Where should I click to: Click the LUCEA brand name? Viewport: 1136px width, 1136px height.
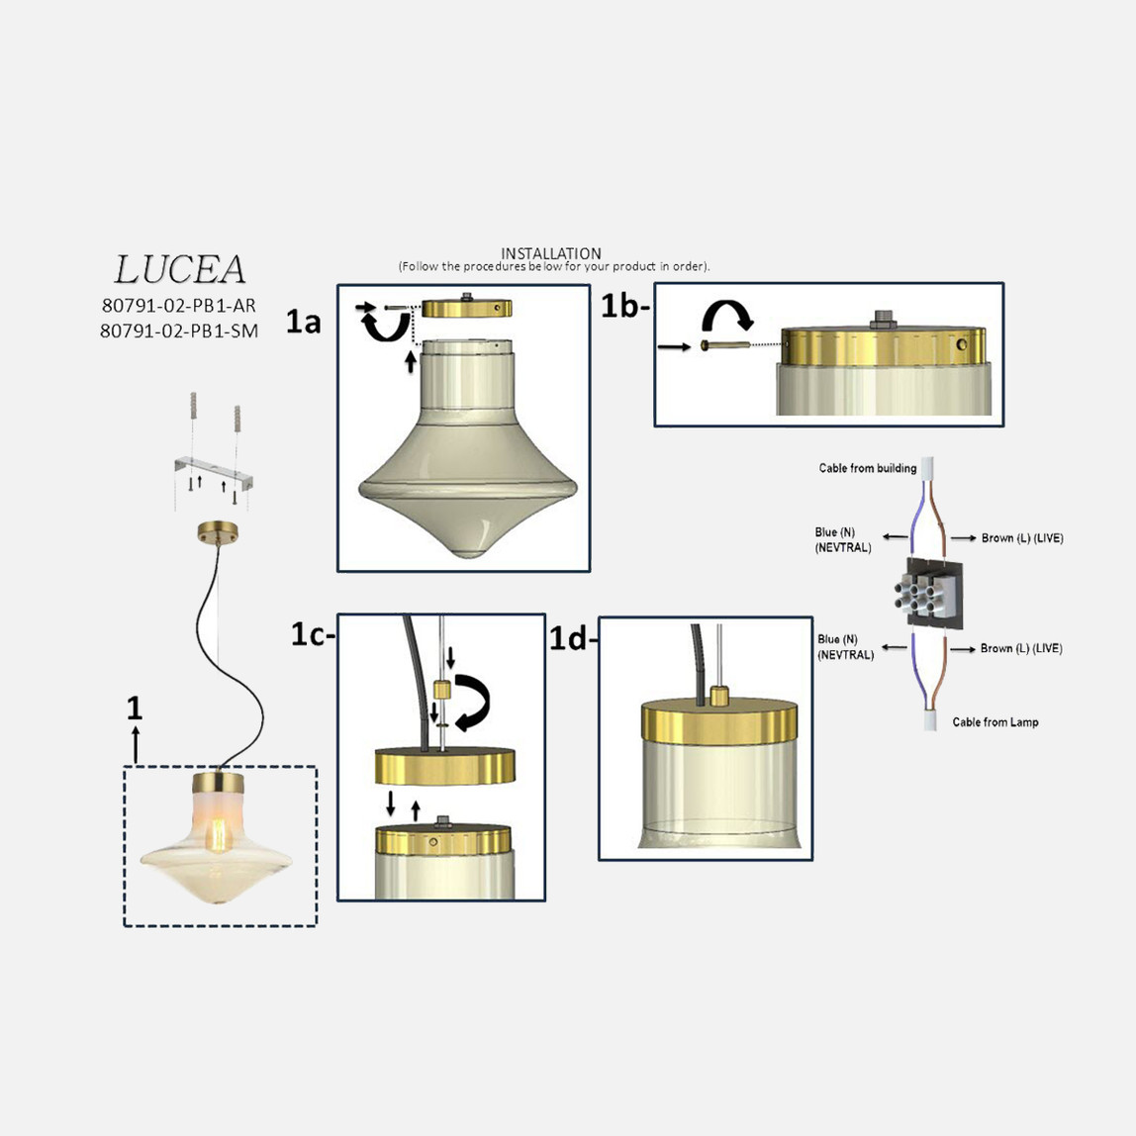coord(180,269)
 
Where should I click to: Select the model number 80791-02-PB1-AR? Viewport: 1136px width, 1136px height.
coord(179,306)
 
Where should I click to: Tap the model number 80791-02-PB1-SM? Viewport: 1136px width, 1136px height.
coord(179,331)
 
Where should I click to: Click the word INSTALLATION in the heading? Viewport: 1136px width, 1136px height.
coord(551,253)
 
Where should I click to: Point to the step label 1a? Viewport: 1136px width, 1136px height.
coord(303,322)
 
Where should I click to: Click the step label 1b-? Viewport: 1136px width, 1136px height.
coord(624,307)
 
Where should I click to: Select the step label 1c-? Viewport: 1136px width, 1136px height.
coord(313,634)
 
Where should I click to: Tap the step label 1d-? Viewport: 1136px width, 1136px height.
coord(572,639)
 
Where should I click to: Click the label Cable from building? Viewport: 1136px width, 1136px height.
coord(867,468)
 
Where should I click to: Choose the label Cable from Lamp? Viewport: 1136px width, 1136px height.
coord(994,721)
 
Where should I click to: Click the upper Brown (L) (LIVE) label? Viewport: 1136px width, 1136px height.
coord(1022,537)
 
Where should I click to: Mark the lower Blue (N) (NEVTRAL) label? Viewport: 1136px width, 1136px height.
coord(845,647)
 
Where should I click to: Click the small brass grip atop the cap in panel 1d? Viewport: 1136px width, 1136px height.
coord(718,696)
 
